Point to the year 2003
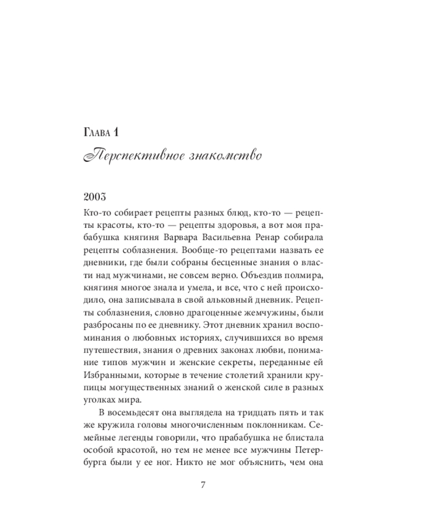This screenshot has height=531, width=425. point(97,198)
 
